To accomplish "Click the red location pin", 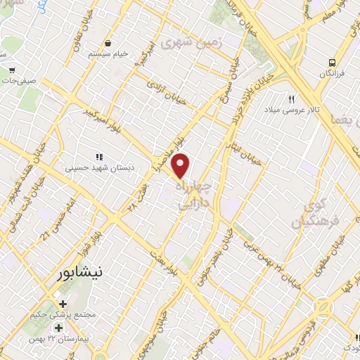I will pyautogui.click(x=181, y=165).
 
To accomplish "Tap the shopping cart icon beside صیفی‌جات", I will pyautogui.click(x=13, y=70).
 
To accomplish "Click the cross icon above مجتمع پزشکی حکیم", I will pyautogui.click(x=63, y=304).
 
